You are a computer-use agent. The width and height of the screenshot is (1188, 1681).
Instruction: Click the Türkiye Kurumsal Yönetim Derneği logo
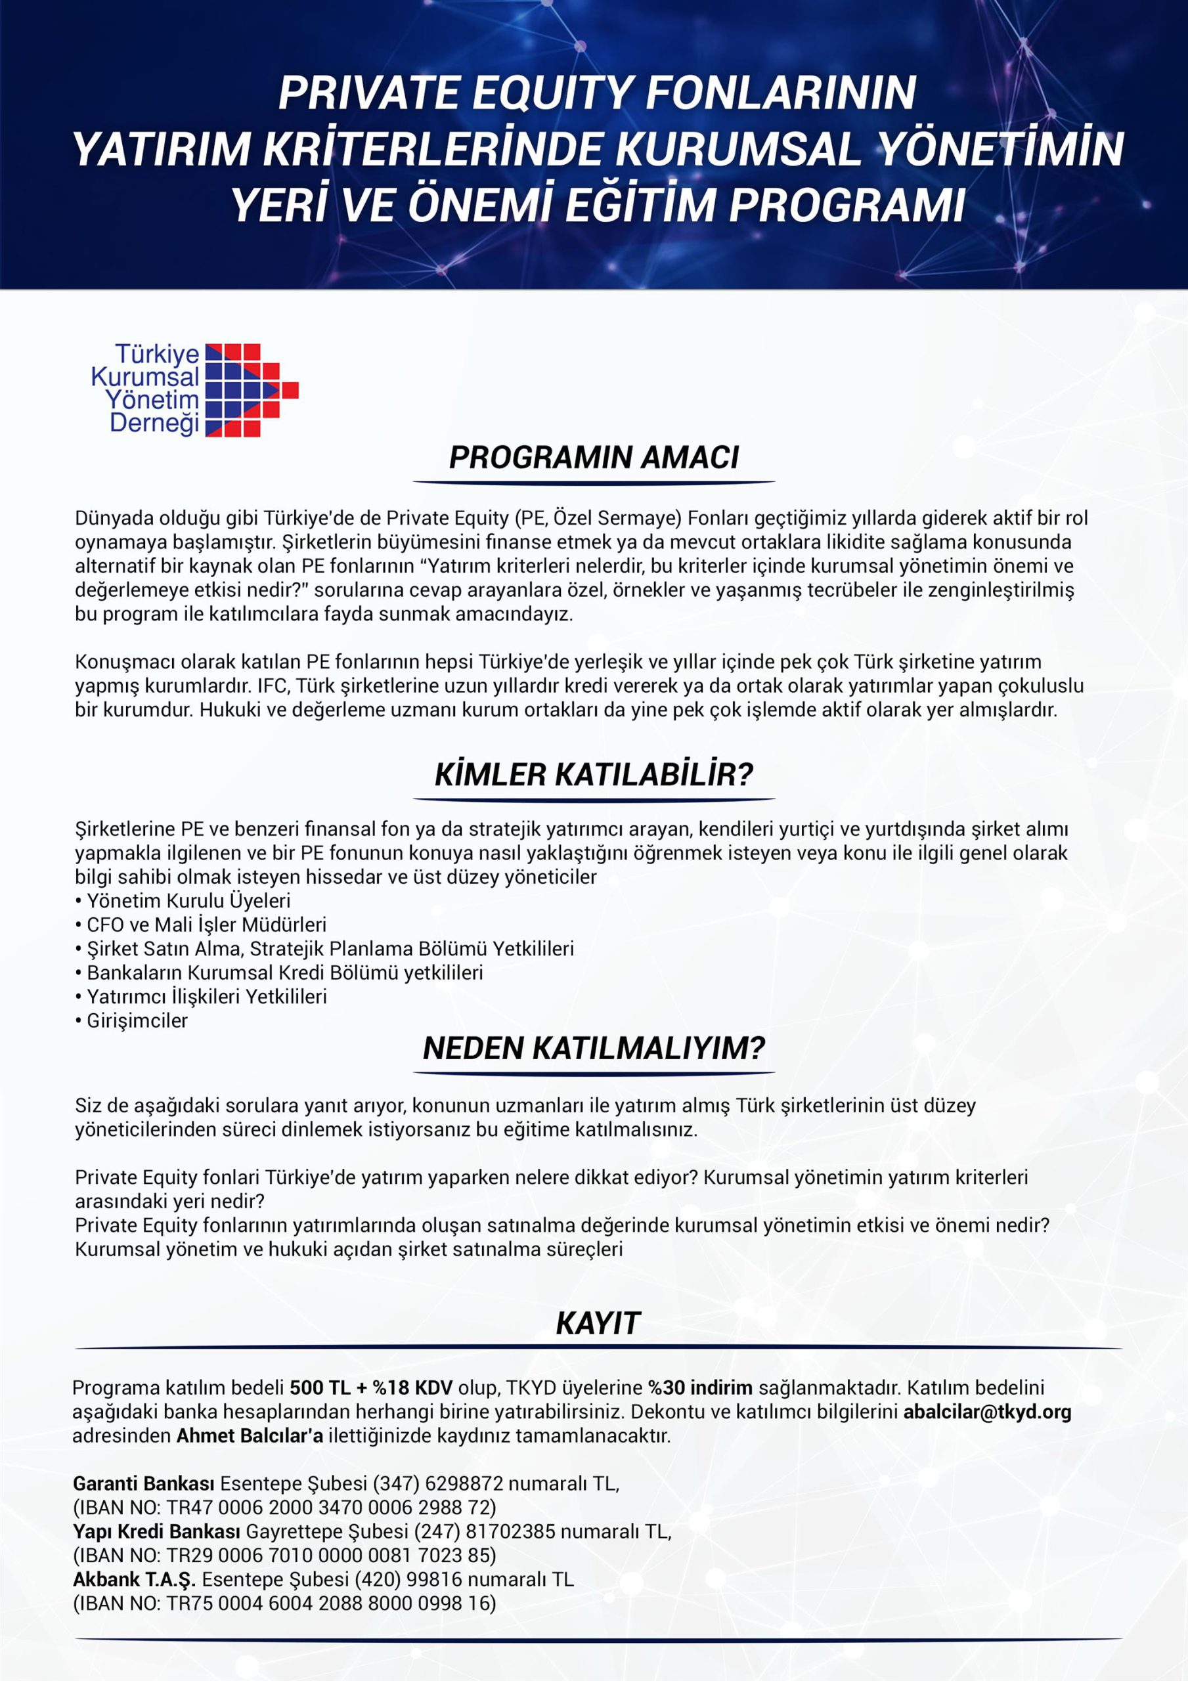click(194, 389)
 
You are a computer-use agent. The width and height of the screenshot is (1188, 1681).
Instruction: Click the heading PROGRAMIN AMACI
click(593, 457)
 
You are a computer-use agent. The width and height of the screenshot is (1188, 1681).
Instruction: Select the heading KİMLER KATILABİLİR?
click(593, 775)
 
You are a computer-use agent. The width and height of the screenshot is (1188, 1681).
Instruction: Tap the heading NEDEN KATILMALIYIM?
click(593, 1049)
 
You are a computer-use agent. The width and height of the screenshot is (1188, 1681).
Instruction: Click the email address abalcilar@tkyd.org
click(986, 1412)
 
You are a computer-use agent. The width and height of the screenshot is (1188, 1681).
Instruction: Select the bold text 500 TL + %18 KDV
click(370, 1387)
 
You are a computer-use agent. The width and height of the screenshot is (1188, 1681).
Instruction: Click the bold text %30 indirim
click(699, 1387)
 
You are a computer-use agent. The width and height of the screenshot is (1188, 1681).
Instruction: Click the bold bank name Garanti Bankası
click(144, 1484)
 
